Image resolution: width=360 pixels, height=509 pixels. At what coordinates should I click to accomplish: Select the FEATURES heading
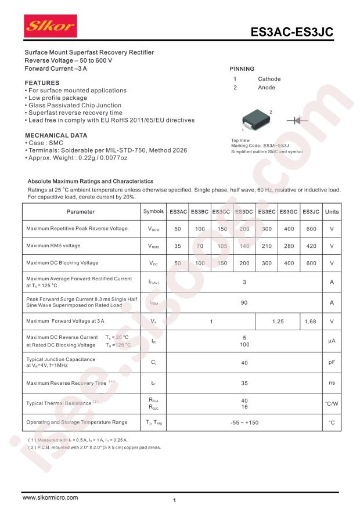point(42,83)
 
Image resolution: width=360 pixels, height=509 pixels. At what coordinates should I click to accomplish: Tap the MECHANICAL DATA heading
point(56,135)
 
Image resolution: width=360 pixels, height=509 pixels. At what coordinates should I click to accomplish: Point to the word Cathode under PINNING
point(269,79)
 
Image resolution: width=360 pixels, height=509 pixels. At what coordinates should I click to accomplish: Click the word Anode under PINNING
point(267,88)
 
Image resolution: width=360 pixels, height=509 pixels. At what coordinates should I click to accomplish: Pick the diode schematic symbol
point(297,120)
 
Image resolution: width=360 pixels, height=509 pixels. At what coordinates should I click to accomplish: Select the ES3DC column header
point(244,212)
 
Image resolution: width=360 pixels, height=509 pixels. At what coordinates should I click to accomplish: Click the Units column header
point(332,212)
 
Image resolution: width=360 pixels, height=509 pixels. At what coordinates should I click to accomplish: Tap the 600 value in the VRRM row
point(311,229)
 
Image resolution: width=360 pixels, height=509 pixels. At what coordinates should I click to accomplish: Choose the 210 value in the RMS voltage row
point(267,246)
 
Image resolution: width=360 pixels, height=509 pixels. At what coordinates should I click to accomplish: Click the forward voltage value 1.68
point(311,321)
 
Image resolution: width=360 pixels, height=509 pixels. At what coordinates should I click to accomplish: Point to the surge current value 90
point(244,302)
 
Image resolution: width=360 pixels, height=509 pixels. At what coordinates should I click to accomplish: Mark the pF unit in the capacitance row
point(332,363)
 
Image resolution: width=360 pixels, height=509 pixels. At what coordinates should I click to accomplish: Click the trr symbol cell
point(153,383)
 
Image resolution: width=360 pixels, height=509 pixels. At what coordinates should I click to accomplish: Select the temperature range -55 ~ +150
point(244,423)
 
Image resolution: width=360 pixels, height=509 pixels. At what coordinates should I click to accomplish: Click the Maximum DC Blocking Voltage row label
point(62,263)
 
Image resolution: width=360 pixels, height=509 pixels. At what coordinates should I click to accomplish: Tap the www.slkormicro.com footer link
point(50,497)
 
